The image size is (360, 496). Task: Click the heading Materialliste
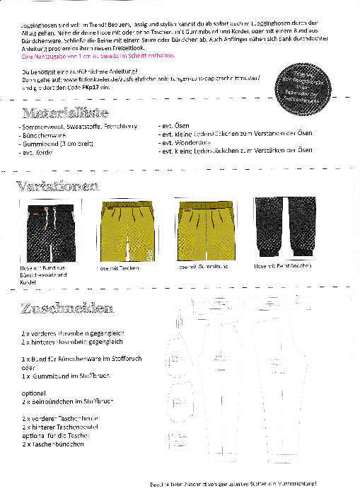[x=64, y=113]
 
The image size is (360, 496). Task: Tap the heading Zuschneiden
[x=66, y=308]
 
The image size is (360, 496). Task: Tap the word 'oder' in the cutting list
[x=28, y=367]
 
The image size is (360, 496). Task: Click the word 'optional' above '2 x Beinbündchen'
[x=33, y=393]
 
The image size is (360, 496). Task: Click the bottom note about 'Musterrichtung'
[x=233, y=484]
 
